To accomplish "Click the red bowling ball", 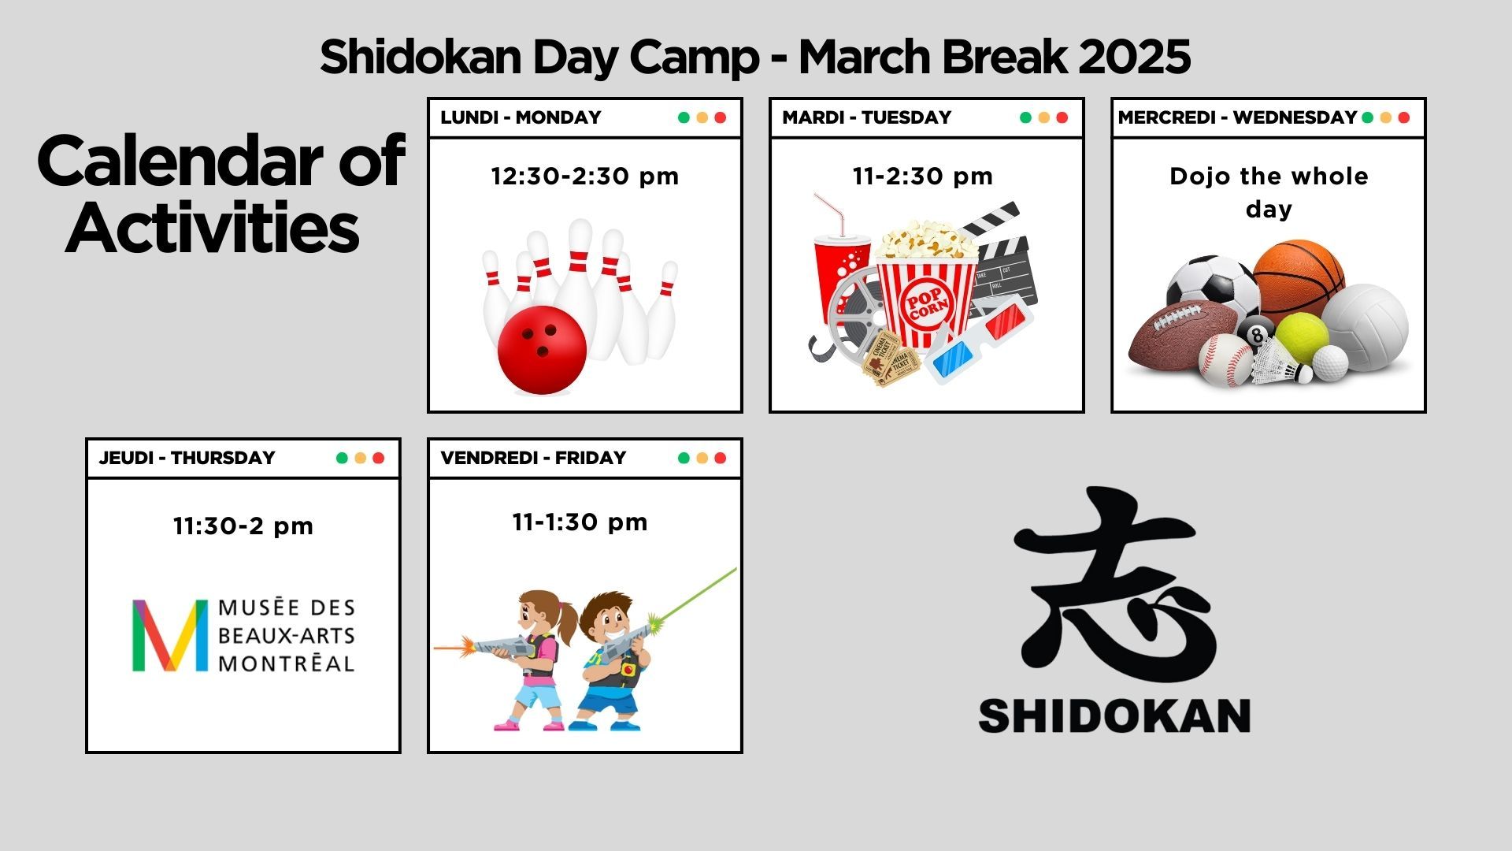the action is [x=543, y=350].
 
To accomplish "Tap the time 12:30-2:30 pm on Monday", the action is [x=585, y=176].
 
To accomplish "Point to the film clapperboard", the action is [x=999, y=260].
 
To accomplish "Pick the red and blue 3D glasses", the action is [x=979, y=340].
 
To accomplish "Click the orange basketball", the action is [x=1298, y=280].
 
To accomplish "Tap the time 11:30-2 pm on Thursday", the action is [x=243, y=526].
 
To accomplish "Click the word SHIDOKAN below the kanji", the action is [x=1114, y=716].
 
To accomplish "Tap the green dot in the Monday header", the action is [x=684, y=117].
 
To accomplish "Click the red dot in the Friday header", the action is [x=720, y=458].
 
